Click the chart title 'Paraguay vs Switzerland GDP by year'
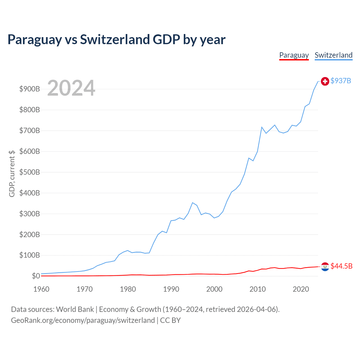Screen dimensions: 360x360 click(116, 39)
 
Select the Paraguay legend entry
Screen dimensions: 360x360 click(294, 55)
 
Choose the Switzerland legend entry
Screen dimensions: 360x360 click(333, 55)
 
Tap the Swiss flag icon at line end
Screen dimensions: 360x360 click(325, 81)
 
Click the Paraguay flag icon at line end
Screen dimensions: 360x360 click(325, 266)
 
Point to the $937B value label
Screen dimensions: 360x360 click(341, 81)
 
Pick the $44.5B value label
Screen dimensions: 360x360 click(341, 266)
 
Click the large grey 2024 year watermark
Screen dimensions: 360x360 click(71, 88)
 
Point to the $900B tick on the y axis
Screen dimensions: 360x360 click(30, 89)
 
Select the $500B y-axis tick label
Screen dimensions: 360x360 click(30, 172)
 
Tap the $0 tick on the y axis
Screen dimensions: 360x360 click(35, 276)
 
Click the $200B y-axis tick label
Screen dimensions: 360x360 click(30, 235)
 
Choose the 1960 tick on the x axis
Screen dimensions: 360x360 click(41, 289)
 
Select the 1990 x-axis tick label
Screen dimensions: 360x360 click(171, 289)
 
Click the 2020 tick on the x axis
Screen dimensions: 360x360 click(301, 289)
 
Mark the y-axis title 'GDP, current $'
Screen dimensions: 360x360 click(12, 174)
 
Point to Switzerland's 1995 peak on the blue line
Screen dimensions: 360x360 click(192, 202)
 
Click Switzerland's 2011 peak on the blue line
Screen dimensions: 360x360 click(262, 127)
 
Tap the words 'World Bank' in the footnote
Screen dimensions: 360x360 click(75, 309)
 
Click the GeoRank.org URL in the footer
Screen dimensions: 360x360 click(83, 320)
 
